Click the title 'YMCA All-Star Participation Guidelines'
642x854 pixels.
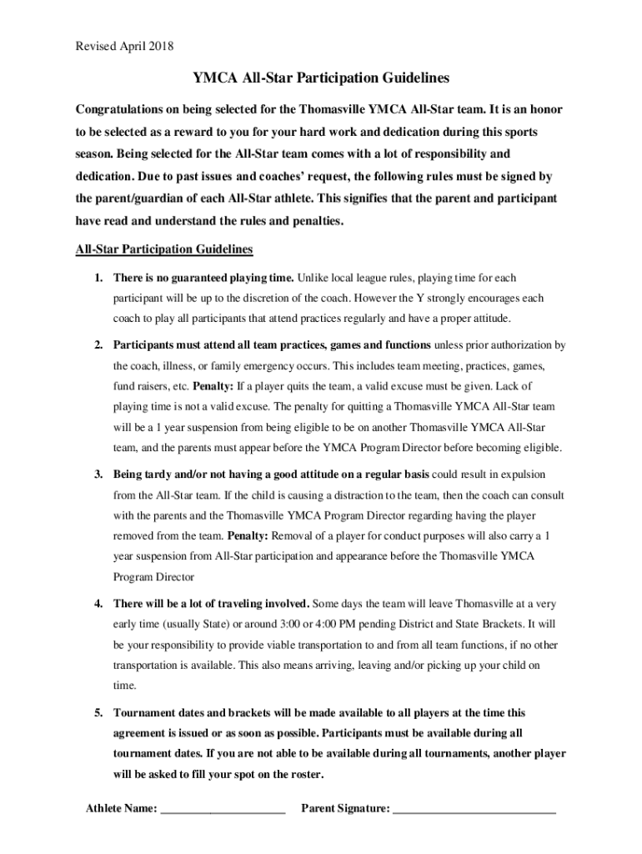click(321, 78)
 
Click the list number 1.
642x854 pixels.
click(98, 278)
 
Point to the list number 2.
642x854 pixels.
click(98, 345)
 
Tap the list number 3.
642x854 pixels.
click(98, 475)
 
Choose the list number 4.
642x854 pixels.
click(98, 603)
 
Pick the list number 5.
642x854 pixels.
click(98, 713)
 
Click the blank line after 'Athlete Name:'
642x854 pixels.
click(223, 809)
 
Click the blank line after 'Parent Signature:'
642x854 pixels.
click(474, 809)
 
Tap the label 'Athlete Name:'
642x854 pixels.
click(122, 808)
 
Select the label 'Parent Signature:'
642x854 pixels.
click(345, 808)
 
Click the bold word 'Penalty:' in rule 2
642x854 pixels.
click(213, 387)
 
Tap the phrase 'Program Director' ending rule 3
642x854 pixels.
click(154, 577)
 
